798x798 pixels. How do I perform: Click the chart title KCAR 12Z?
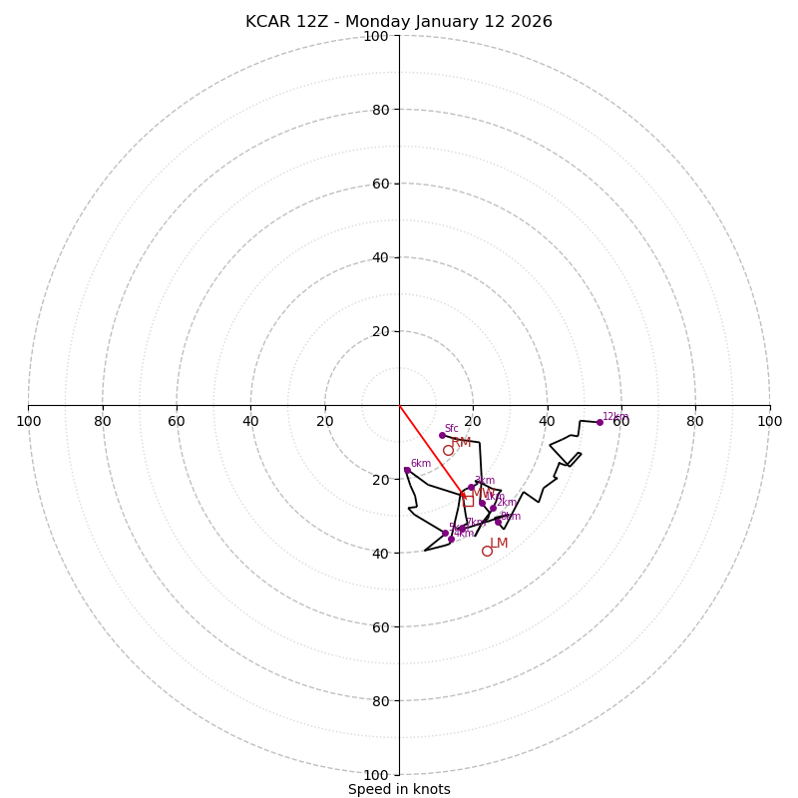point(399,22)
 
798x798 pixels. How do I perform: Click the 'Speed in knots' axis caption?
point(399,789)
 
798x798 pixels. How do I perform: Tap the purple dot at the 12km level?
point(599,422)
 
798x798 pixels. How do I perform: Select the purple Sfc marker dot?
point(442,435)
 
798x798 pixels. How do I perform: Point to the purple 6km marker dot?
point(407,470)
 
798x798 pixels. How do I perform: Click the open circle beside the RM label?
point(448,450)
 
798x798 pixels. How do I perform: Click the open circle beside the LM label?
point(487,551)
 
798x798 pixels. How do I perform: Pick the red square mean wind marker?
point(469,501)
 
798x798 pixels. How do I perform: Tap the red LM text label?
point(499,544)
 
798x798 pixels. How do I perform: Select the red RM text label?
point(461,443)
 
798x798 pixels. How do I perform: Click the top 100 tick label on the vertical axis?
point(376,36)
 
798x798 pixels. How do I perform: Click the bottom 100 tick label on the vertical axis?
point(376,774)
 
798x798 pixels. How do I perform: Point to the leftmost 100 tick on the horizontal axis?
point(29,421)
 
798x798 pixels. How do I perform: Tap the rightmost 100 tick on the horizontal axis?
point(769,421)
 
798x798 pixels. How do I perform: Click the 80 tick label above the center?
point(379,110)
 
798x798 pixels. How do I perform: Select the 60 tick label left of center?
point(177,421)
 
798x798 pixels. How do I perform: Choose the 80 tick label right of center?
point(695,421)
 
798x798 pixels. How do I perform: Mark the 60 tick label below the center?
point(379,626)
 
